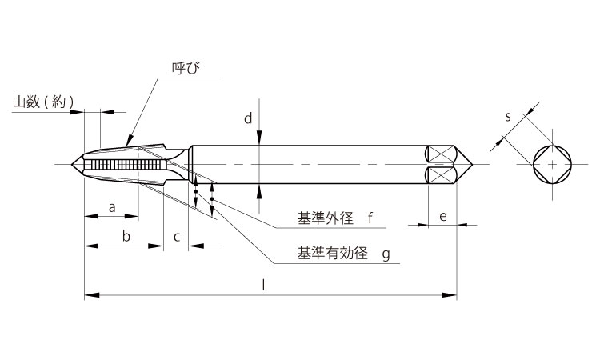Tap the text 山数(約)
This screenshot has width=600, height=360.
tap(43, 102)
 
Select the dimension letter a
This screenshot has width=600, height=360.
tap(112, 207)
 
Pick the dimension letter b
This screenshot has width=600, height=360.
tap(125, 236)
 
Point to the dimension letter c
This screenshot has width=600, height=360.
tap(176, 236)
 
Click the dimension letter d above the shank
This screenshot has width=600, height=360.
tap(248, 119)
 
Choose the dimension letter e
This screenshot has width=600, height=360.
tap(442, 216)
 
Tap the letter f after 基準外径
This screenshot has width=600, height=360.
tap(370, 218)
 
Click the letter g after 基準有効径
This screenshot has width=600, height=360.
tap(385, 254)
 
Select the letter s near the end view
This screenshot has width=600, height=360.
tap(507, 117)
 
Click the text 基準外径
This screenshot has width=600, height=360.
tap(325, 218)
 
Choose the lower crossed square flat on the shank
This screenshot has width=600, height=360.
tap(439, 174)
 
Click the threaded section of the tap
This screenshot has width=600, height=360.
tap(128, 164)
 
